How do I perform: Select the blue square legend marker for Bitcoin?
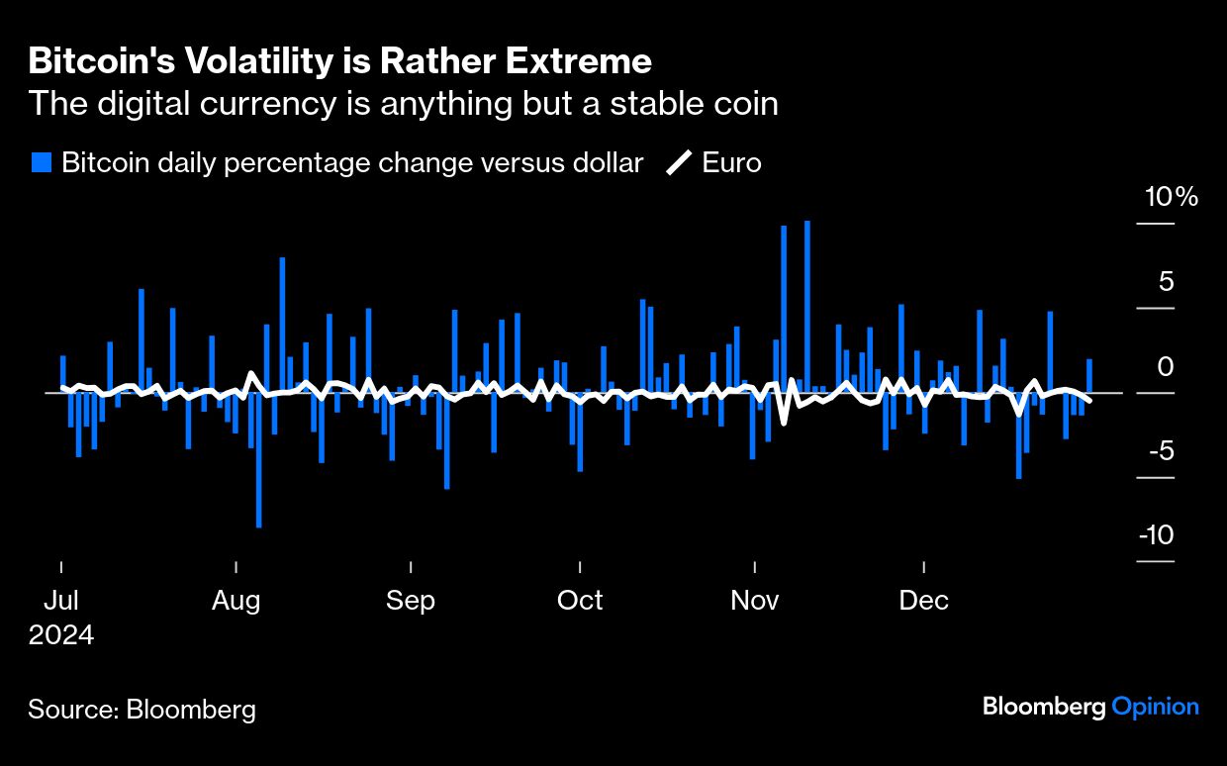coord(42,163)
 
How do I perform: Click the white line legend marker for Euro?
coord(679,163)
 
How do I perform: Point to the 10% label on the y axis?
coord(1172,197)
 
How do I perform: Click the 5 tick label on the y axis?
coord(1167,282)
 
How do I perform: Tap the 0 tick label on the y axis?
coord(1167,367)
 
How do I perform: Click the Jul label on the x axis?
coord(61,601)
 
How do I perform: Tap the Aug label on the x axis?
coord(236,601)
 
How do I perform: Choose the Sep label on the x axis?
coord(410,601)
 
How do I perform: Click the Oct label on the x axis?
coord(580,601)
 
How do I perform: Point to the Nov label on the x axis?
coord(755,601)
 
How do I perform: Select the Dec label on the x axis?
coord(924,601)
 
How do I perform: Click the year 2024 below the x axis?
coord(61,634)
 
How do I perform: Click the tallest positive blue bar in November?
coord(807,307)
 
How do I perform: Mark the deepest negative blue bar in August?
coord(258,460)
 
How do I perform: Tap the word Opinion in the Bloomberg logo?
coord(1155,707)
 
